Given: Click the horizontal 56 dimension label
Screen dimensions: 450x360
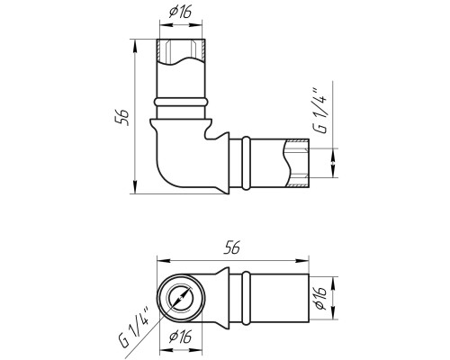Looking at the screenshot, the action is (x=232, y=247).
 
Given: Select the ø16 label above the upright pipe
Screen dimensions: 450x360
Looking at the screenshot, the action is (x=181, y=12).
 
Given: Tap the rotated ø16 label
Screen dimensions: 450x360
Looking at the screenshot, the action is (x=321, y=297).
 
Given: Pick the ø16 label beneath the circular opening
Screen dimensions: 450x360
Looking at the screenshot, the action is (x=180, y=337).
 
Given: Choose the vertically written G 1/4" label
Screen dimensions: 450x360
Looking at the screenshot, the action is (x=319, y=111).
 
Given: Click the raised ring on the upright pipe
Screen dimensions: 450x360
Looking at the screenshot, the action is (x=181, y=102).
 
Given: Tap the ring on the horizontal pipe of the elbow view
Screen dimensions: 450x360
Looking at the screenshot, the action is (x=246, y=163).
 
